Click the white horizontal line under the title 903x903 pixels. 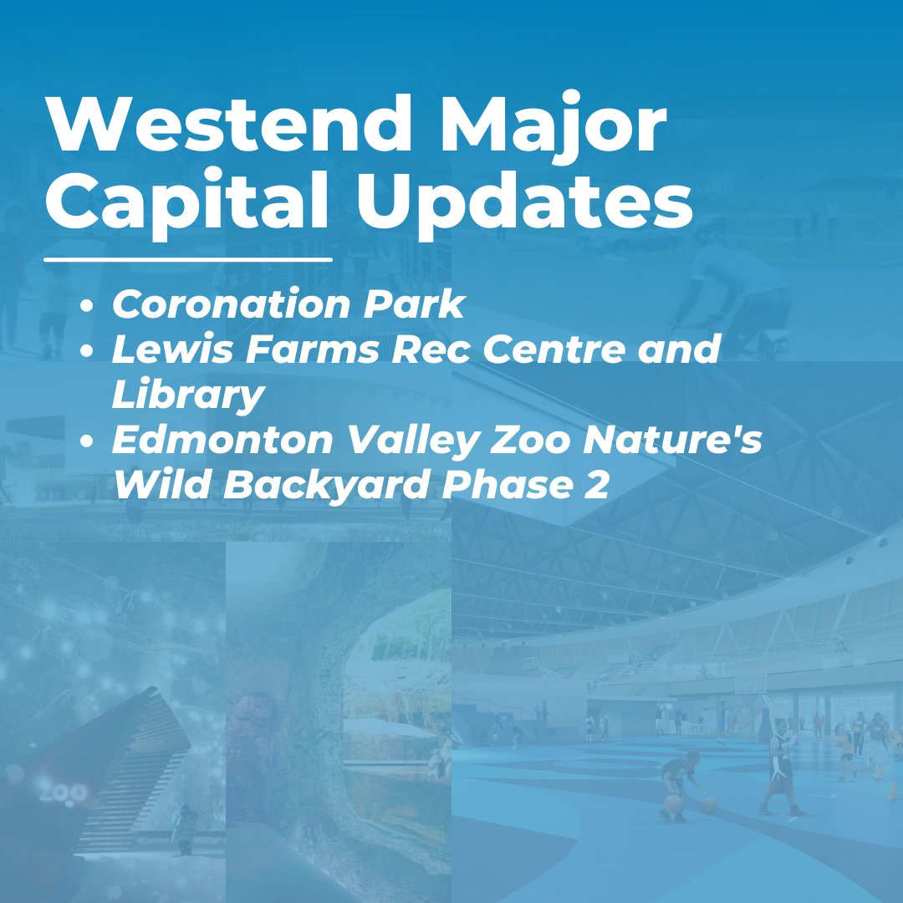point(188,259)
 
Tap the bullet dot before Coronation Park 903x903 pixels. point(86,307)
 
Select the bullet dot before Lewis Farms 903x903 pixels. point(86,351)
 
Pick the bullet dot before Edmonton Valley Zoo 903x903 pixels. point(86,442)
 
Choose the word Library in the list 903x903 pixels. point(188,395)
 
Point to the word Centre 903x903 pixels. point(556,349)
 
